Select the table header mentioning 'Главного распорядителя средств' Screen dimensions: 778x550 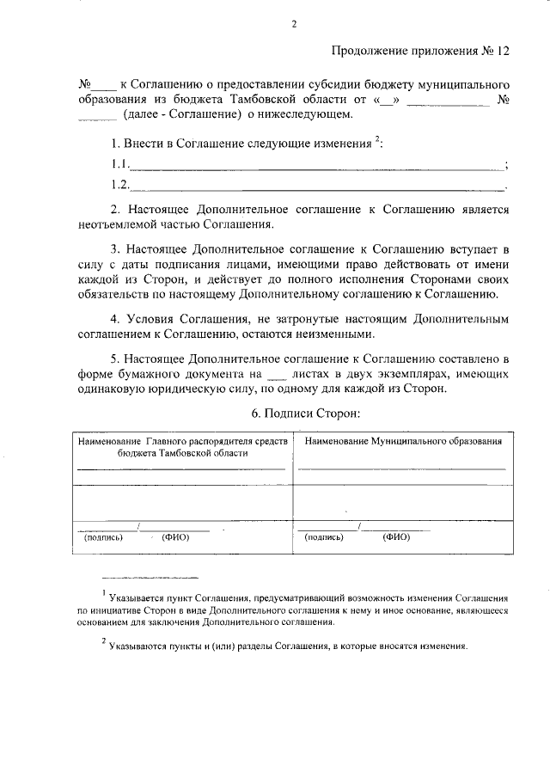click(x=181, y=445)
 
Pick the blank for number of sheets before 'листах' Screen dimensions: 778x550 click(x=276, y=376)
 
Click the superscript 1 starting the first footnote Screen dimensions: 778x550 click(x=103, y=592)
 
